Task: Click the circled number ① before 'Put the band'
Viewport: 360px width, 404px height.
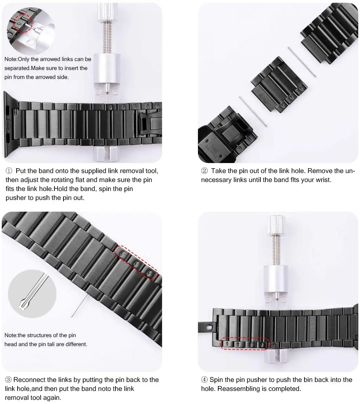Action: coord(9,171)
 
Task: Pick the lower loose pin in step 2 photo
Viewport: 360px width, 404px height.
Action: coord(253,112)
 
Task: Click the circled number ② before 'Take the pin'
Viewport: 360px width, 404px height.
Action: coord(204,171)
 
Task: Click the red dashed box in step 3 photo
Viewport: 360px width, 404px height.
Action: coord(137,262)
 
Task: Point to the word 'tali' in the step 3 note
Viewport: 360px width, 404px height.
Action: coord(60,344)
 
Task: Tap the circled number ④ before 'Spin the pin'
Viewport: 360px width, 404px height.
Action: coord(204,380)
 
